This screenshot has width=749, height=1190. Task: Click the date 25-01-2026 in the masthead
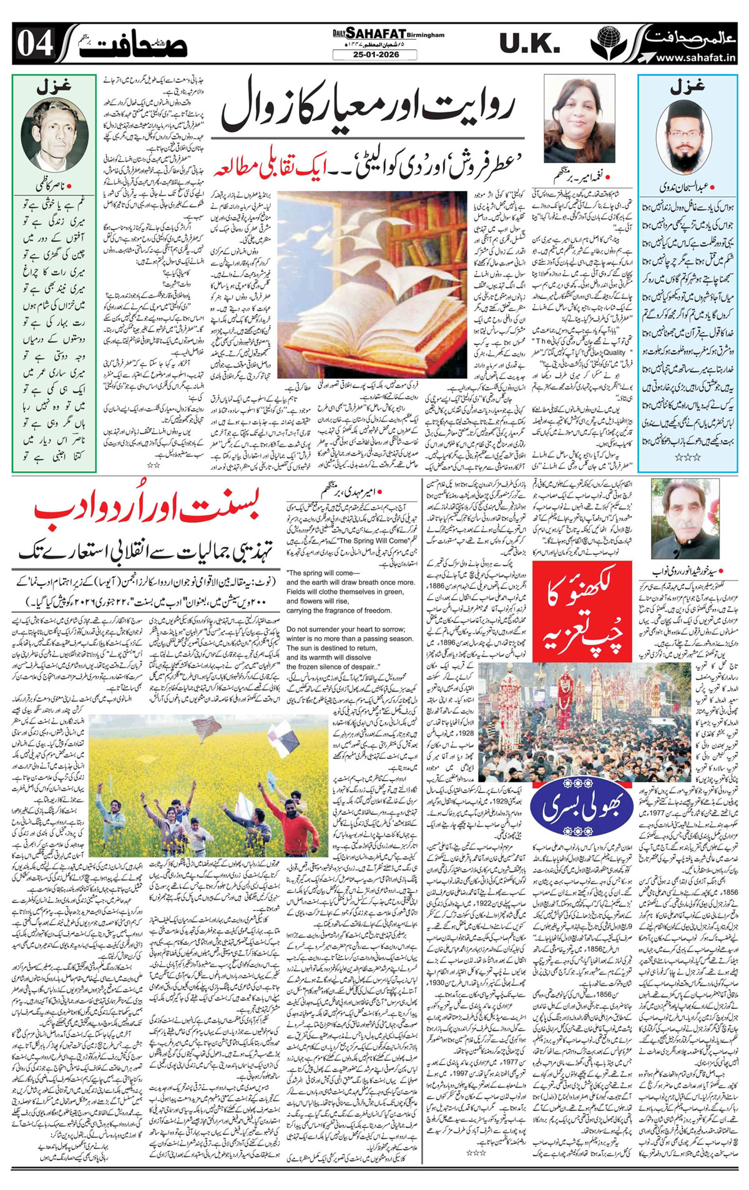click(374, 55)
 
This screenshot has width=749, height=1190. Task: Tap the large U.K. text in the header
click(529, 44)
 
